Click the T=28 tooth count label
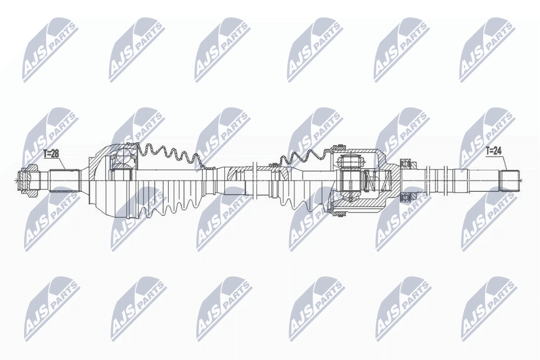click(51, 152)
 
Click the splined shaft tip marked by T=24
click(510, 180)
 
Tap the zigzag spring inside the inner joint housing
click(368, 180)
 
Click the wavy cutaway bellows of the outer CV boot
click(169, 155)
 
